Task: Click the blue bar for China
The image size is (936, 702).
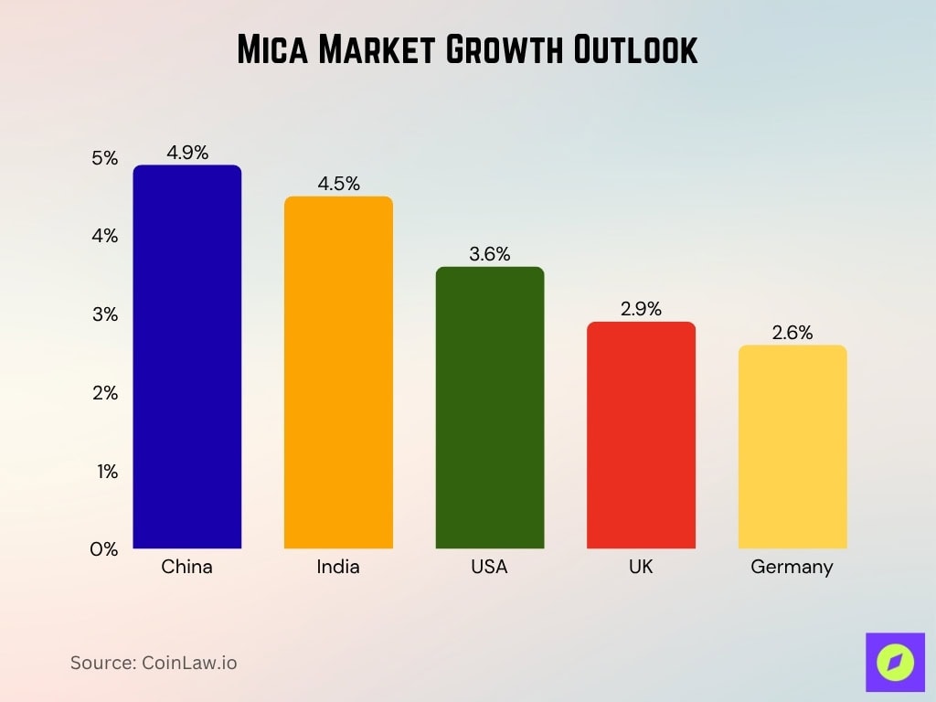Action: click(x=186, y=356)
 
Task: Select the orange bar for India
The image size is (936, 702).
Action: click(x=338, y=373)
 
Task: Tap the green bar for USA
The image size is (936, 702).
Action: click(x=489, y=408)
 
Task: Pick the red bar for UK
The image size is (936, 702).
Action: click(x=641, y=435)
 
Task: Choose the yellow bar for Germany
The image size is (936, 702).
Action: click(x=792, y=447)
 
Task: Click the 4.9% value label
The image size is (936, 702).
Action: click(x=186, y=152)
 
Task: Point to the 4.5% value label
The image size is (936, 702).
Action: click(x=338, y=183)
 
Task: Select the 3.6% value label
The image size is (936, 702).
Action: click(x=489, y=254)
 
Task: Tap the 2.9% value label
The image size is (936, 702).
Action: click(x=641, y=309)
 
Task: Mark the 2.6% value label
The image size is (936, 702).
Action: click(x=792, y=333)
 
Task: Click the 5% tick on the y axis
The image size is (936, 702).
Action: click(x=105, y=158)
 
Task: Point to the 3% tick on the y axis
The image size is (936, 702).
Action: click(x=105, y=314)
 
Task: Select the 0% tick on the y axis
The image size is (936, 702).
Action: click(x=104, y=549)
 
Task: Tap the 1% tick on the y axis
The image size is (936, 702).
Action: click(x=105, y=472)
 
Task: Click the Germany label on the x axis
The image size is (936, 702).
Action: click(x=792, y=567)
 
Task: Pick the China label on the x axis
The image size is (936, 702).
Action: click(x=186, y=567)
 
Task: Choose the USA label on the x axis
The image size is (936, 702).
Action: click(x=489, y=567)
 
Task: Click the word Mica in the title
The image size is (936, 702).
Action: click(x=271, y=49)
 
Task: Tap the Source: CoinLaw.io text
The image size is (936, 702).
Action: click(x=154, y=663)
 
